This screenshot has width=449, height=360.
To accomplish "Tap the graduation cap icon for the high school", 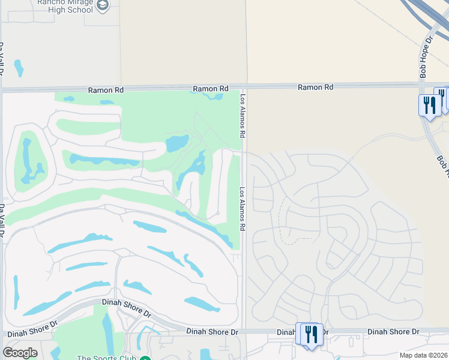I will click(103, 5).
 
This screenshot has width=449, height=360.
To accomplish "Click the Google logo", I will click(20, 353).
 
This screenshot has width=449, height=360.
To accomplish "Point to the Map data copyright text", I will click(424, 355).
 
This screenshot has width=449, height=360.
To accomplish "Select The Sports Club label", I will click(107, 358).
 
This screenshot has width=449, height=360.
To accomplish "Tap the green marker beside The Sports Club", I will click(145, 359).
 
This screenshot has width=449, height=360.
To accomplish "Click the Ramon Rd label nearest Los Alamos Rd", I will click(211, 89).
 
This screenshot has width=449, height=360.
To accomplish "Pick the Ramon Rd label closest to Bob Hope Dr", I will click(315, 87).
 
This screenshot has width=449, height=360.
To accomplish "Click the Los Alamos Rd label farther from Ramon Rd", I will click(243, 209).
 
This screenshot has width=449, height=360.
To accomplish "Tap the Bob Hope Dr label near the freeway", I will click(427, 57).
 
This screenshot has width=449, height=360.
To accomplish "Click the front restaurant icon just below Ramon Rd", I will click(429, 106).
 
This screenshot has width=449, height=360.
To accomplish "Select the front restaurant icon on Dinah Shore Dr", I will click(311, 334).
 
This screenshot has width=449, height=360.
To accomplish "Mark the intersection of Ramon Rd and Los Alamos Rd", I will click(245, 88).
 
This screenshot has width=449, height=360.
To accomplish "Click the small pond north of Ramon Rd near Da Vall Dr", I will click(19, 67).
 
